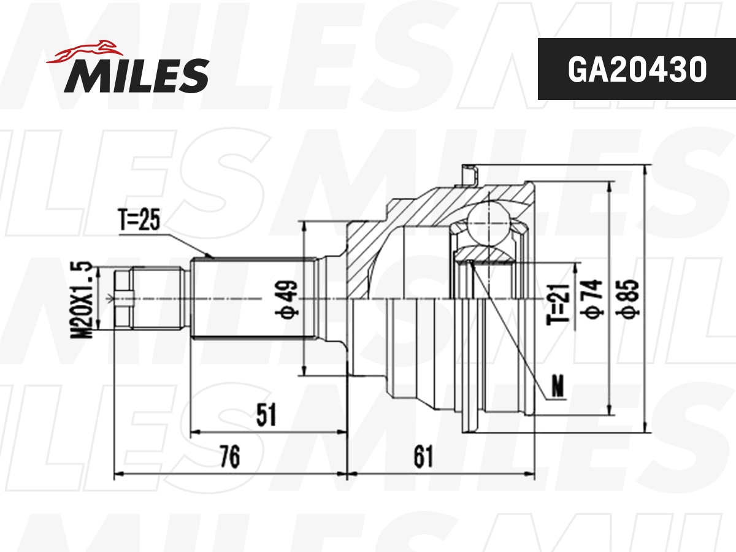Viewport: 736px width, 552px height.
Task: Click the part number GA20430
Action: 637,70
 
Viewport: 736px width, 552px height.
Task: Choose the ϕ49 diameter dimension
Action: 289,298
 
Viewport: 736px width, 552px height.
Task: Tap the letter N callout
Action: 558,386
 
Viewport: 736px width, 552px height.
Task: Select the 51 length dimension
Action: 266,415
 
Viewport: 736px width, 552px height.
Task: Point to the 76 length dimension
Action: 229,456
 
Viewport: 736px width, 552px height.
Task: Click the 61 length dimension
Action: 423,456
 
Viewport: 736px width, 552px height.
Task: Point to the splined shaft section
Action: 251,299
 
